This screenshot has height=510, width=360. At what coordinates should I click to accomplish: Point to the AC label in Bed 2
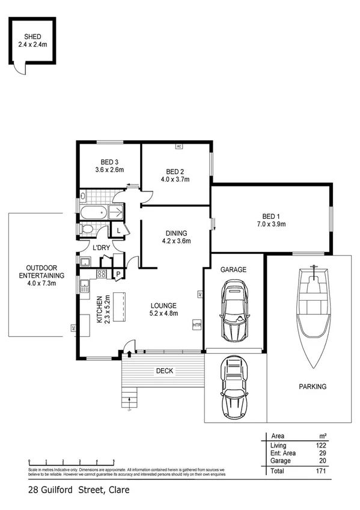coord(178,146)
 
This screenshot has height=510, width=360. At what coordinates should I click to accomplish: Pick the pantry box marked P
coord(118,275)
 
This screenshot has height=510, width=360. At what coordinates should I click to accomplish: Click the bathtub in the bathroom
coord(96,212)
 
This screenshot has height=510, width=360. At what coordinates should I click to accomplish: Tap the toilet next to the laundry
coord(87,230)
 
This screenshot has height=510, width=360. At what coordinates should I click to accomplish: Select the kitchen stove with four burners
coord(102,274)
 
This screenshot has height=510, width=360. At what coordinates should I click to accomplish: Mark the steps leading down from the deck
coord(128,399)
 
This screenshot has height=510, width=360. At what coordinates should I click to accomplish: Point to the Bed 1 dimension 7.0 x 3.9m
coord(270,224)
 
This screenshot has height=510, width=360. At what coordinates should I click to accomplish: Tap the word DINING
coord(177,233)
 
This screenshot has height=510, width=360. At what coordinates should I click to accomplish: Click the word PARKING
coord(313,387)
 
